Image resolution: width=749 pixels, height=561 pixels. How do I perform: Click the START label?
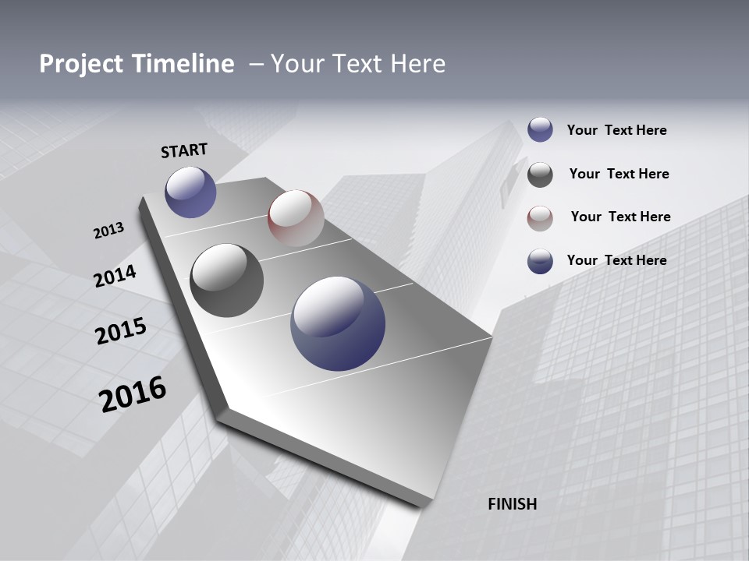[x=184, y=150]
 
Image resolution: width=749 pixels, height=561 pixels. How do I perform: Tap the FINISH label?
[x=512, y=504]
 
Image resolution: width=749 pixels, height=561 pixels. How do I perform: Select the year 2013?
[x=108, y=230]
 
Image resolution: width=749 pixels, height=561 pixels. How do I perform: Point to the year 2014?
[x=115, y=276]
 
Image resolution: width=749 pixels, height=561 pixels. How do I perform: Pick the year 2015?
[x=121, y=330]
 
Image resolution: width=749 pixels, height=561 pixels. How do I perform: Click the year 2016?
[x=133, y=394]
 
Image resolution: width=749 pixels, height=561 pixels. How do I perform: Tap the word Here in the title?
[x=417, y=64]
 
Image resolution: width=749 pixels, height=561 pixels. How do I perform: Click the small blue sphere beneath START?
[x=190, y=192]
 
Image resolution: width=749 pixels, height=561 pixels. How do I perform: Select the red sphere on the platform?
[x=296, y=217]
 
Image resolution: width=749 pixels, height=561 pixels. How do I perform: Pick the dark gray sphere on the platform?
[x=226, y=280]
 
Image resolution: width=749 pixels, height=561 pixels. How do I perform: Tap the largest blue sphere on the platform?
[x=338, y=323]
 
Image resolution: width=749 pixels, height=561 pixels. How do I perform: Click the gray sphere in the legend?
[x=540, y=175]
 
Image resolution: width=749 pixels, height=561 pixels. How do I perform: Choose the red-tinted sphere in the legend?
[x=540, y=218]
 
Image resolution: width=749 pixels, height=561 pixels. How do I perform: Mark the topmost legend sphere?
[x=540, y=130]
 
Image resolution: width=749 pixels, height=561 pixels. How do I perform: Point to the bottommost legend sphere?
[x=540, y=261]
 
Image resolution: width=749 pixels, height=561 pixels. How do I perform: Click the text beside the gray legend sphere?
[x=619, y=174]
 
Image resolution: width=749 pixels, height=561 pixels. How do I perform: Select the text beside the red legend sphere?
[x=620, y=217]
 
